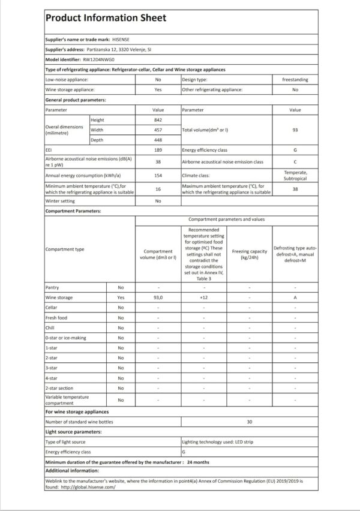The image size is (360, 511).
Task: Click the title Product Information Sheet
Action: (106, 18)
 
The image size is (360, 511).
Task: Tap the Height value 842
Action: (158, 120)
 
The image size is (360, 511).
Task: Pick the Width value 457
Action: (158, 130)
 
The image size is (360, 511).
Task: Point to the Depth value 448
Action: (158, 140)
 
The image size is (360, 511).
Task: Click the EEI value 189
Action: (158, 150)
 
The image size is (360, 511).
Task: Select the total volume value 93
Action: (295, 130)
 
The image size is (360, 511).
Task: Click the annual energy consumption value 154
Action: (158, 175)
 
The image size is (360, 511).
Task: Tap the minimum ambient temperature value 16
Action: (158, 188)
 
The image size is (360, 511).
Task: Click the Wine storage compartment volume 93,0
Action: (158, 297)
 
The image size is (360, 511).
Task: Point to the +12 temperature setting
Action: (203, 297)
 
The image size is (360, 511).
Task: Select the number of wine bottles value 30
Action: (249, 422)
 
